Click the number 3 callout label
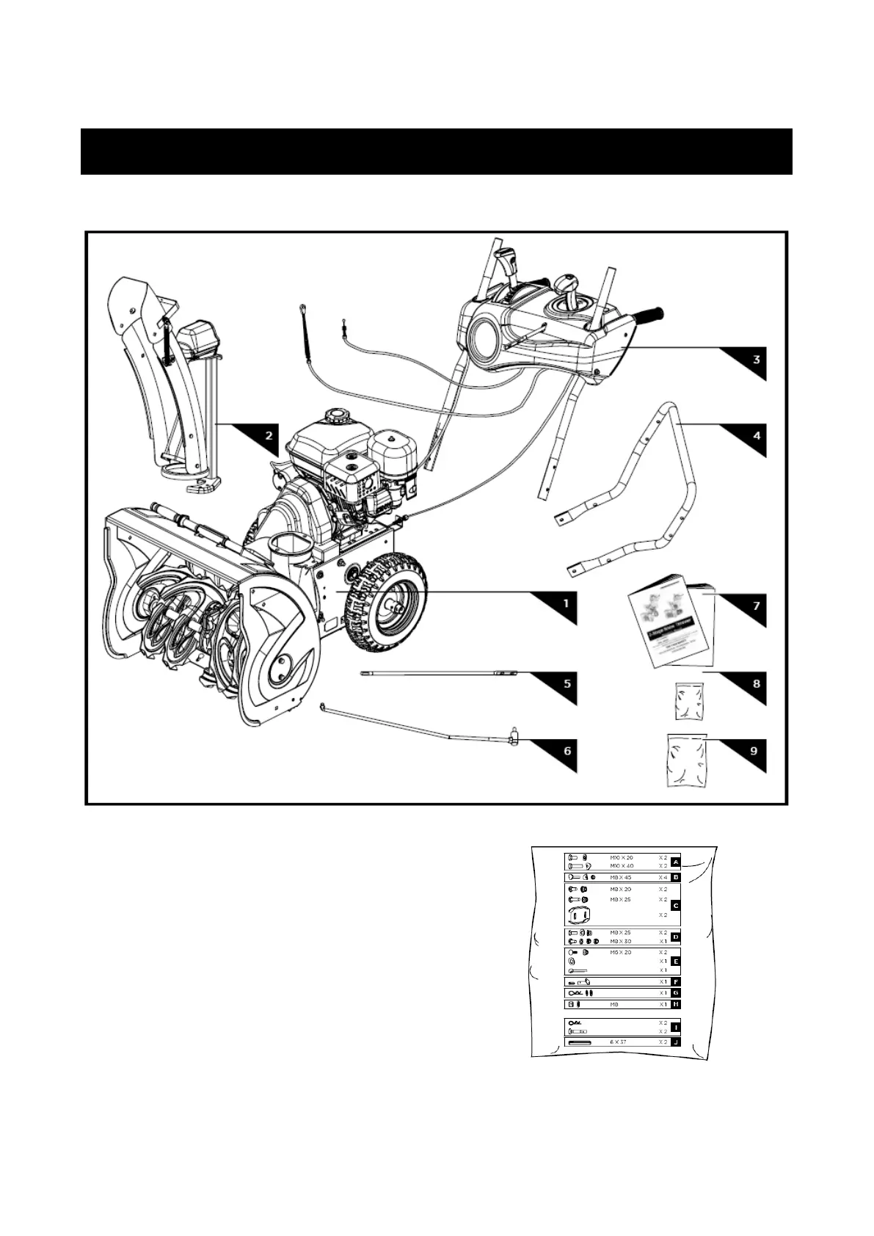755,360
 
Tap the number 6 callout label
567,752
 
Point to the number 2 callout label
269,435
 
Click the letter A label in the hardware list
676,862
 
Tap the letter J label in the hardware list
676,1042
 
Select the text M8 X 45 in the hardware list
621,877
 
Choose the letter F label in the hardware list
676,981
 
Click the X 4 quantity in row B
663,877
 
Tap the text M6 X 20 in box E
621,952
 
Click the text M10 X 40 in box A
622,866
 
